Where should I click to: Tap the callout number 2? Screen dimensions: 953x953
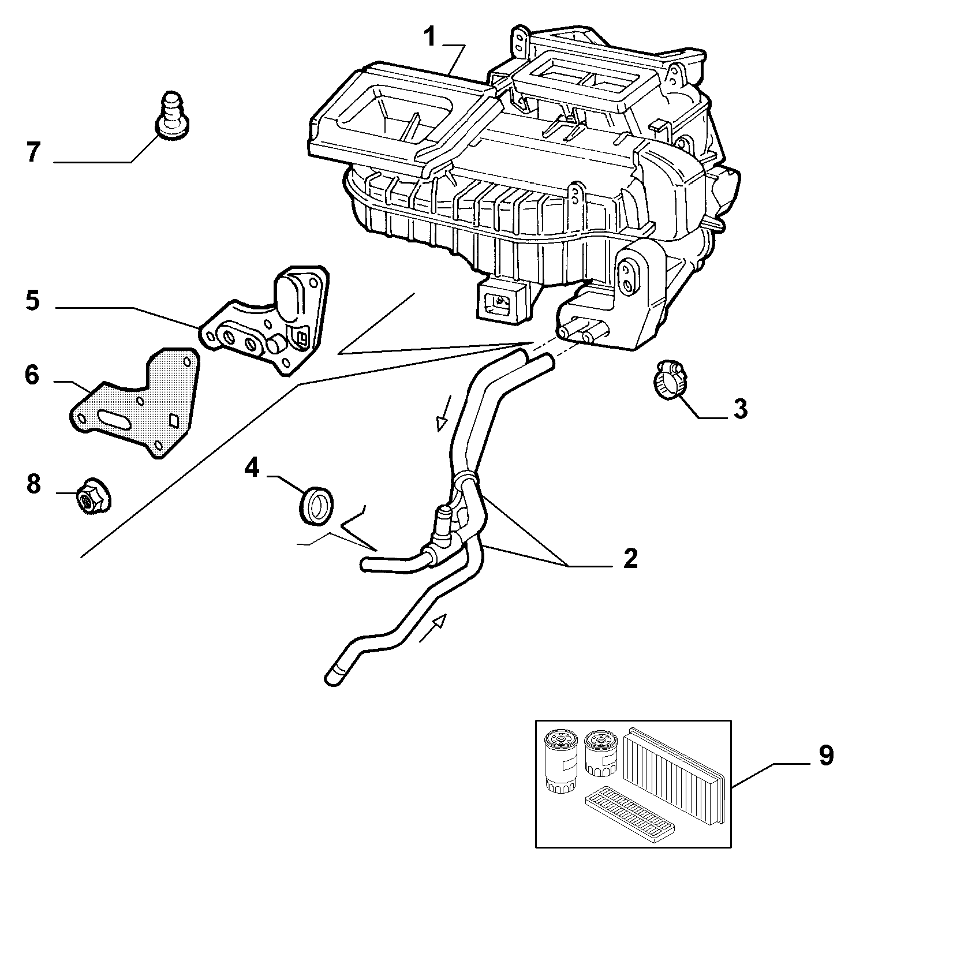[x=630, y=558]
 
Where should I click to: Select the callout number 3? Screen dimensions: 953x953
[x=741, y=409]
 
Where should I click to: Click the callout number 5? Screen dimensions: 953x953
[x=33, y=301]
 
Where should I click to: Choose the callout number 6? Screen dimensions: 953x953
[x=32, y=375]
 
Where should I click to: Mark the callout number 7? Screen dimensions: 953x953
[x=33, y=152]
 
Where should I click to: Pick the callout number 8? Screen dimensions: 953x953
[x=33, y=484]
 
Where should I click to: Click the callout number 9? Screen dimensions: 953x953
[x=826, y=755]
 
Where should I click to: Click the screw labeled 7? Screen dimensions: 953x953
[x=173, y=117]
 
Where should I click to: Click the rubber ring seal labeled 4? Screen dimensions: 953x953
[x=317, y=506]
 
